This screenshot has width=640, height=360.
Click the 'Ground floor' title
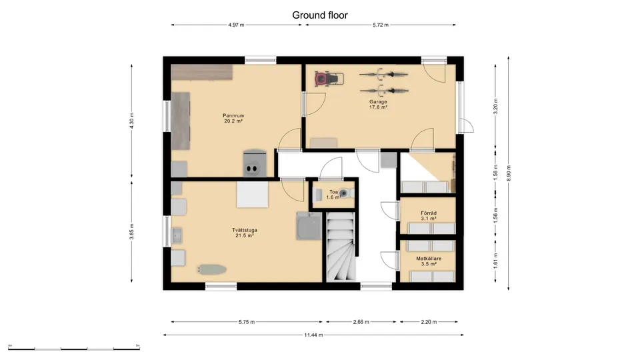[320, 15]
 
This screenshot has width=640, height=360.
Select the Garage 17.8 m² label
[379, 105]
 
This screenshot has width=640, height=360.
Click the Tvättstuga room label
[246, 233]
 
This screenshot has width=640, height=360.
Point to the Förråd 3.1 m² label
[429, 215]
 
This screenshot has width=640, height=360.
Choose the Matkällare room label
[429, 261]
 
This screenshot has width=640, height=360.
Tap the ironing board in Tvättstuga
[211, 269]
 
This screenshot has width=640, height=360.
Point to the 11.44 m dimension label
[314, 335]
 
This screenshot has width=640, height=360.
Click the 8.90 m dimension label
[509, 173]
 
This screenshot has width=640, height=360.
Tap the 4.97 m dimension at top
[236, 25]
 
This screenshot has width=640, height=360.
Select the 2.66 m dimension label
[363, 321]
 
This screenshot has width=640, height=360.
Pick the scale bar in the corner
[74, 347]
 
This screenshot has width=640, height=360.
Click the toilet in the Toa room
[347, 195]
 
